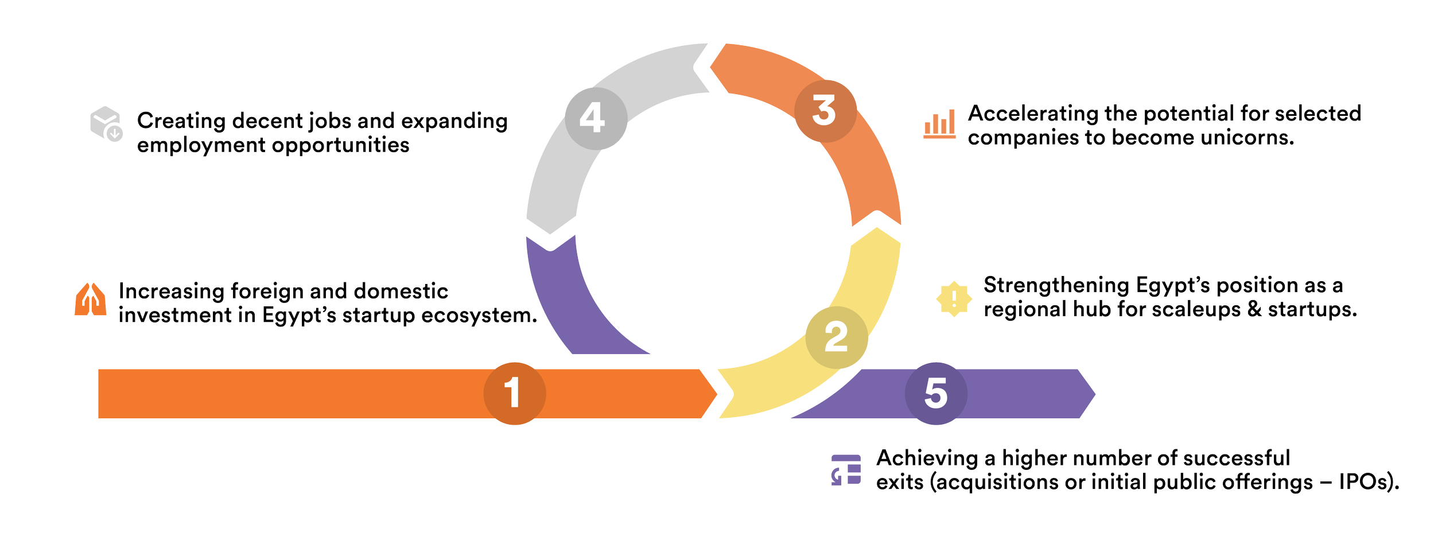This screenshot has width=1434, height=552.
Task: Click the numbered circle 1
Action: (x=514, y=393)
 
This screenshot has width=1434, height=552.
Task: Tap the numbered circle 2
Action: (x=836, y=337)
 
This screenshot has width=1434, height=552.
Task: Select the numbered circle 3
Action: (x=825, y=111)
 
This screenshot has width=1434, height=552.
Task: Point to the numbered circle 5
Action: (x=935, y=393)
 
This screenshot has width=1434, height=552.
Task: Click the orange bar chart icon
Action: (x=939, y=124)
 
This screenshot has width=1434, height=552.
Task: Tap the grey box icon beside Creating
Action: (x=106, y=123)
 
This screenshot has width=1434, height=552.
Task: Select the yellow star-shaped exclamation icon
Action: (x=953, y=298)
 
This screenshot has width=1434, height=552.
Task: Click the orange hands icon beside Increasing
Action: (x=91, y=299)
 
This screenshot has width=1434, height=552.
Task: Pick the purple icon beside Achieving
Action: (x=846, y=470)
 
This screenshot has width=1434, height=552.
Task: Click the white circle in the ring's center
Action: (x=712, y=232)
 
